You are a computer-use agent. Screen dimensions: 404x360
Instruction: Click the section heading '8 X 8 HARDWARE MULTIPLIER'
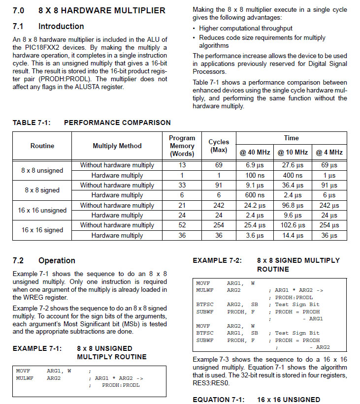[102, 10]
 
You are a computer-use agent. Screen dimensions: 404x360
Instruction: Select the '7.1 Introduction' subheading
[48, 26]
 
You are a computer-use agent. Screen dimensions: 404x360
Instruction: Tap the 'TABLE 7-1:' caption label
[31, 123]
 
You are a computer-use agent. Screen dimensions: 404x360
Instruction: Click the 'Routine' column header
[42, 146]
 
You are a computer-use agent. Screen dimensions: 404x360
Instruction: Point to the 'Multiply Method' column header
[117, 146]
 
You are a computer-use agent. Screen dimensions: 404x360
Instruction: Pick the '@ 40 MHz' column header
[254, 152]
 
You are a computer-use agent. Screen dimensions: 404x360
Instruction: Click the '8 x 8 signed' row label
[42, 190]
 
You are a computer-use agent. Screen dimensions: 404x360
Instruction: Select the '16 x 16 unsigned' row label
[42, 210]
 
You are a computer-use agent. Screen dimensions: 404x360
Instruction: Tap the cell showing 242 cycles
[219, 205]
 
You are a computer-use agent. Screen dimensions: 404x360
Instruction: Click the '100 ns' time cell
[254, 175]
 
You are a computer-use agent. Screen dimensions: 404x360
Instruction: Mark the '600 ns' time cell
[254, 195]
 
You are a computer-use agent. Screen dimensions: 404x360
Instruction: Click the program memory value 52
[182, 225]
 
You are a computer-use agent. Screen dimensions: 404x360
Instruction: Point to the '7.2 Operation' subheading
[44, 260]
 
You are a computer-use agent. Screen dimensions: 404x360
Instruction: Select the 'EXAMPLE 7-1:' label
[37, 348]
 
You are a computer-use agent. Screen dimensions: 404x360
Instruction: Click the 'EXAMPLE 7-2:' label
[217, 260]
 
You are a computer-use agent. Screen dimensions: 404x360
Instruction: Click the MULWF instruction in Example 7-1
[24, 378]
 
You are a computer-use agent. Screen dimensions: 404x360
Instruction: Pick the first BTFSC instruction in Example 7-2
[204, 304]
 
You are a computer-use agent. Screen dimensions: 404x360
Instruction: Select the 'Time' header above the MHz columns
[292, 138]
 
